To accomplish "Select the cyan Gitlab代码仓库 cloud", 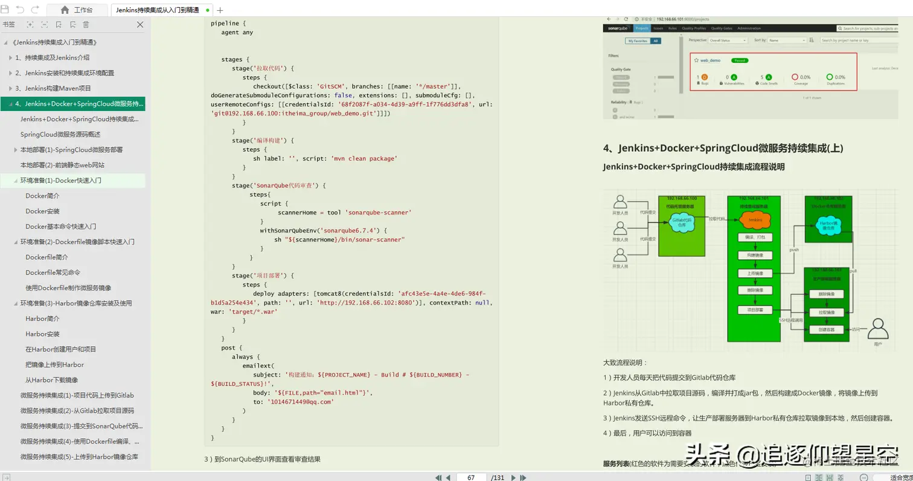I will pyautogui.click(x=681, y=222).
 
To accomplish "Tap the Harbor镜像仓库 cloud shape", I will pyautogui.click(x=827, y=226).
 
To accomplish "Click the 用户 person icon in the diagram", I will pyautogui.click(x=877, y=331).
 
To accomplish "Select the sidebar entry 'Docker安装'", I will pyautogui.click(x=42, y=211).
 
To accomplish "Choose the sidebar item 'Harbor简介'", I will pyautogui.click(x=42, y=318).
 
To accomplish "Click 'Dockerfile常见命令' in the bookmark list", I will pyautogui.click(x=53, y=273).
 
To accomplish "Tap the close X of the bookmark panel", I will pyautogui.click(x=140, y=25).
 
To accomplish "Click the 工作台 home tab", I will pyautogui.click(x=77, y=10).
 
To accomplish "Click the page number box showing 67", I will pyautogui.click(x=471, y=477).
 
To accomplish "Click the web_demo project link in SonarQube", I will pyautogui.click(x=710, y=60).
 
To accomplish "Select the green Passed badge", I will pyautogui.click(x=740, y=60).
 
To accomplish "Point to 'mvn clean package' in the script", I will pyautogui.click(x=364, y=158).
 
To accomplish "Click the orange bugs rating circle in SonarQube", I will pyautogui.click(x=704, y=77).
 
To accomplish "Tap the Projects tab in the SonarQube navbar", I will pyautogui.click(x=642, y=28).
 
